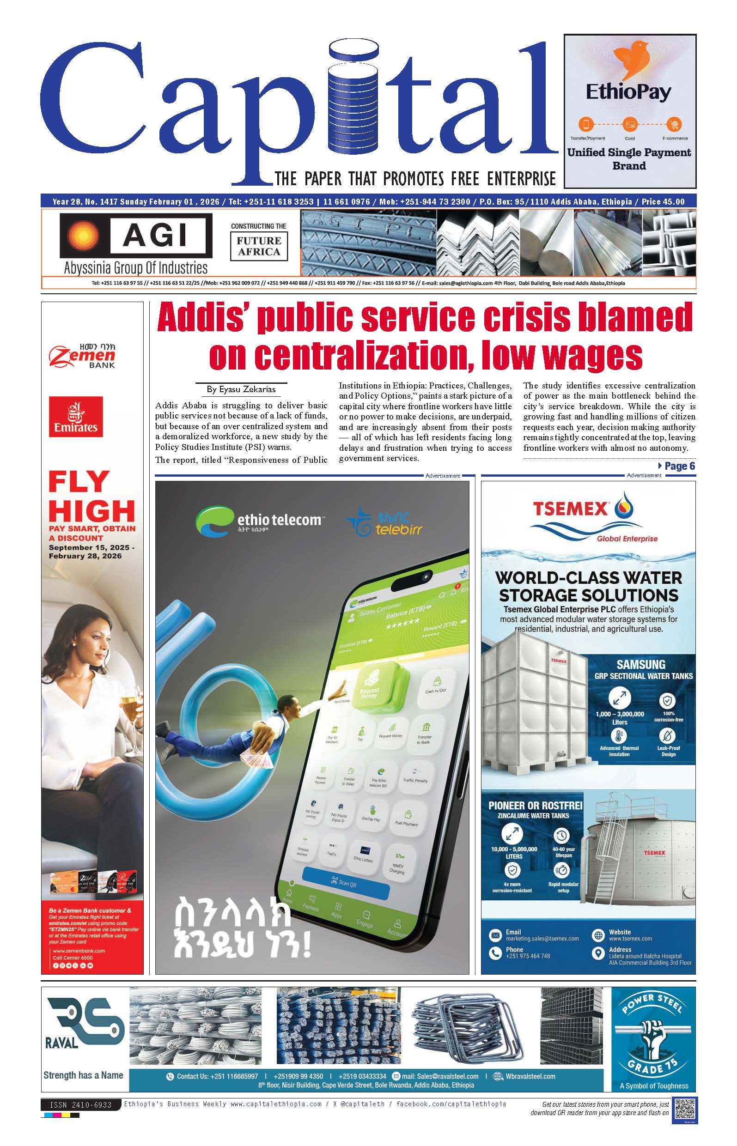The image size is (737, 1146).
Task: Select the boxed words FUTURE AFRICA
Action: pyautogui.click(x=259, y=246)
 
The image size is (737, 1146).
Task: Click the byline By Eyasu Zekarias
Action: pyautogui.click(x=241, y=389)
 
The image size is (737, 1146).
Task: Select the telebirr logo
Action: pyautogui.click(x=385, y=522)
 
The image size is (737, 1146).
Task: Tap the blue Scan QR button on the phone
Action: pyautogui.click(x=346, y=882)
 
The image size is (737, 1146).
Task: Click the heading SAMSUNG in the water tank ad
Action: pyautogui.click(x=640, y=664)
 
